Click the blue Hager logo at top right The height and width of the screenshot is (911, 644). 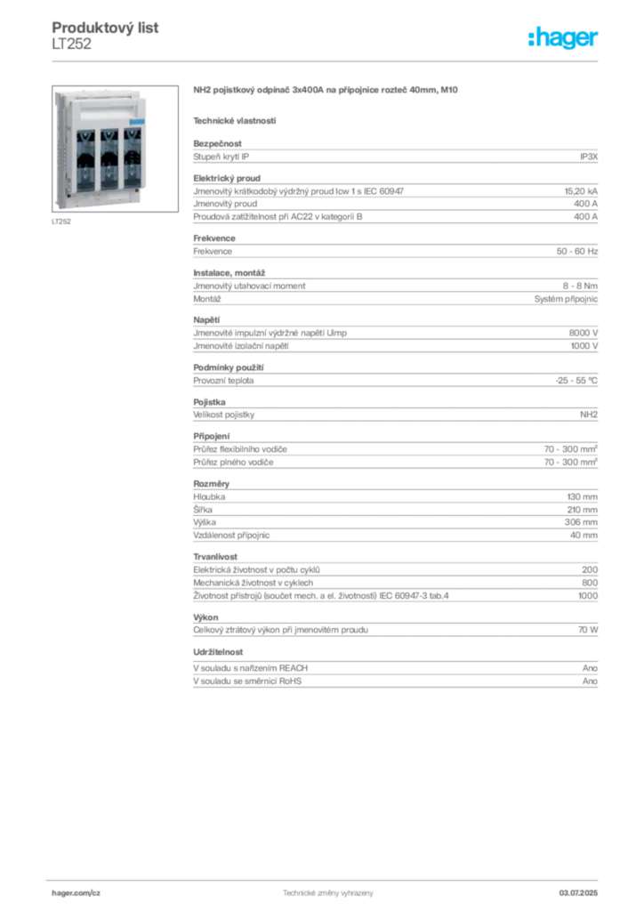click(x=564, y=38)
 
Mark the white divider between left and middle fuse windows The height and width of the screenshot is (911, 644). click(x=97, y=160)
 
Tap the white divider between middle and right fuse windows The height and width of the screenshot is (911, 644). click(x=121, y=160)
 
